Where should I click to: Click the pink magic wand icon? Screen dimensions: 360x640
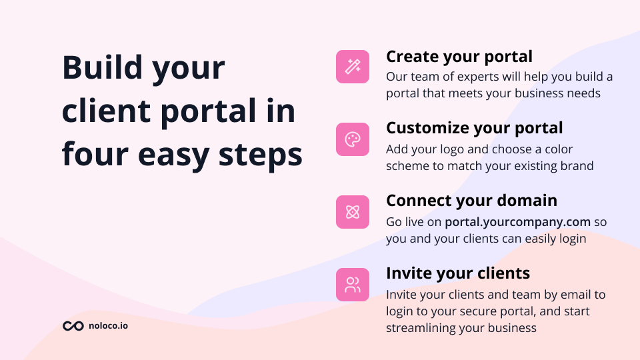pyautogui.click(x=353, y=67)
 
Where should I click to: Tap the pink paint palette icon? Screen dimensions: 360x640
pyautogui.click(x=353, y=139)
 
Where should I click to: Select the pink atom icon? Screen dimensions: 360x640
pyautogui.click(x=353, y=212)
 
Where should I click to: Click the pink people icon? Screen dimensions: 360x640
pyautogui.click(x=353, y=285)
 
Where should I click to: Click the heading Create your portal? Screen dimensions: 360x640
pyautogui.click(x=459, y=56)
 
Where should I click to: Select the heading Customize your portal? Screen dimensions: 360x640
pyautogui.click(x=474, y=128)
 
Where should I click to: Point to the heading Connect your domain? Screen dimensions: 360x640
pyautogui.click(x=471, y=200)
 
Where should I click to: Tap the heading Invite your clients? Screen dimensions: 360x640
pyautogui.click(x=458, y=273)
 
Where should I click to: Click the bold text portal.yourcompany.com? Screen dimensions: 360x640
pyautogui.click(x=518, y=221)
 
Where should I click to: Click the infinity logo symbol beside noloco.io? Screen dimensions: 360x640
pyautogui.click(x=73, y=326)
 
